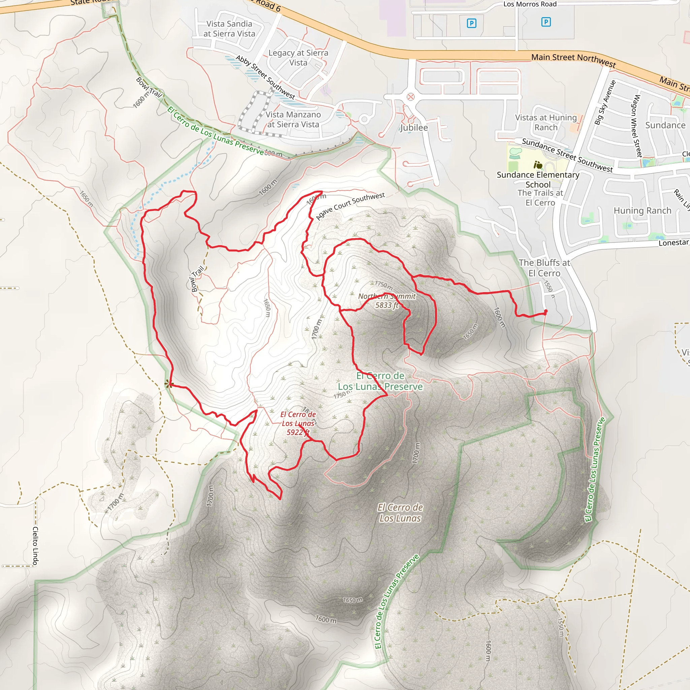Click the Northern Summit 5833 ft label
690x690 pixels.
pyautogui.click(x=387, y=301)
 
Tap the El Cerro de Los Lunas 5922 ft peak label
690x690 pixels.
pyautogui.click(x=298, y=423)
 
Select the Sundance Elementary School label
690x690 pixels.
pyautogui.click(x=538, y=180)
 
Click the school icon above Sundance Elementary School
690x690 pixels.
pyautogui.click(x=538, y=165)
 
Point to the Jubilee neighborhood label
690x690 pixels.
pyautogui.click(x=414, y=127)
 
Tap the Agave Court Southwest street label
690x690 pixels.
pyautogui.click(x=350, y=206)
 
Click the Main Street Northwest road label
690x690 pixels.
pyautogui.click(x=573, y=60)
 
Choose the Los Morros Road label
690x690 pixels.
pyautogui.click(x=530, y=4)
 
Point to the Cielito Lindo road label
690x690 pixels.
pyautogui.click(x=35, y=546)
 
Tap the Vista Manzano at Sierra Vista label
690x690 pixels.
pyautogui.click(x=293, y=119)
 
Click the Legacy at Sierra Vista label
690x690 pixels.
pyautogui.click(x=298, y=58)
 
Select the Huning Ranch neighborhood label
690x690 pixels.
pyautogui.click(x=642, y=211)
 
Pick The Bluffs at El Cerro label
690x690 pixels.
pyautogui.click(x=544, y=268)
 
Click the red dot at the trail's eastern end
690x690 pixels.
pyautogui.click(x=545, y=311)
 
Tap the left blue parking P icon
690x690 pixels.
pyautogui.click(x=471, y=24)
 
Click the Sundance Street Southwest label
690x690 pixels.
pyautogui.click(x=567, y=155)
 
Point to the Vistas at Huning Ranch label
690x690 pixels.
pyautogui.click(x=546, y=123)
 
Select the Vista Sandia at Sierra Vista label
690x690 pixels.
pyautogui.click(x=229, y=29)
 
